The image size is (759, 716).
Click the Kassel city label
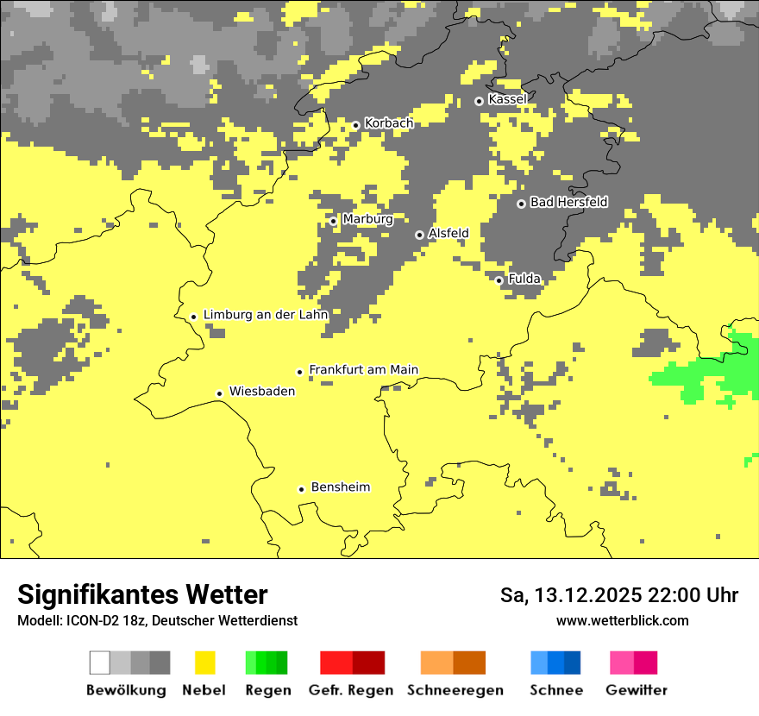pos(507,99)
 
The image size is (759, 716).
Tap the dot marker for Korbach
pos(355,125)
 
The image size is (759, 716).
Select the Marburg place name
pos(367,219)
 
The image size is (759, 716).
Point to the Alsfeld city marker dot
pos(419,235)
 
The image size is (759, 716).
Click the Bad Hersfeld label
pos(568,202)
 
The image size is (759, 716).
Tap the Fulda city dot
pos(499,280)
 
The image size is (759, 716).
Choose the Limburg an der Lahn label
pos(266,315)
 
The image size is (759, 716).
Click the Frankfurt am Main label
pos(363,370)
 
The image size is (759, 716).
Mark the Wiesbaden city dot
pos(220,393)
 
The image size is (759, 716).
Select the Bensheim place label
pos(341,487)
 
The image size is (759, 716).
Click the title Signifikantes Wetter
pos(142,595)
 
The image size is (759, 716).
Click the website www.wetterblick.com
pos(622,621)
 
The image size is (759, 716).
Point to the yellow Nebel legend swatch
pos(204,663)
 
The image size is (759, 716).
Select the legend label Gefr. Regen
pos(350,690)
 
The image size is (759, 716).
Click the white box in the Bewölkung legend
pos(100,663)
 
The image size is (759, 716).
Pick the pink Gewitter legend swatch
pos(622,663)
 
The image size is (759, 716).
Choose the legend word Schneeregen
pos(455,690)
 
